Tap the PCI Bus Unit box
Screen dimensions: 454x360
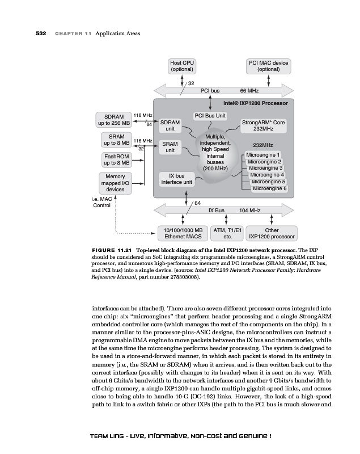point(210,116)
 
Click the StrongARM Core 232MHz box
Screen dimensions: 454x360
point(263,125)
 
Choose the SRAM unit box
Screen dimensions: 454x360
point(170,148)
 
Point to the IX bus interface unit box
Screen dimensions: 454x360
point(176,179)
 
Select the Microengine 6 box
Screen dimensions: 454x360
point(269,188)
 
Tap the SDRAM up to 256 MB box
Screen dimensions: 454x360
point(115,119)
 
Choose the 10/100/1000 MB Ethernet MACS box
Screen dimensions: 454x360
point(183,233)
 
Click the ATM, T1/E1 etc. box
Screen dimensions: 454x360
point(227,233)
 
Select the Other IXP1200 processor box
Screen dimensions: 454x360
point(272,233)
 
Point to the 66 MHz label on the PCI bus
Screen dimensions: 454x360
point(249,90)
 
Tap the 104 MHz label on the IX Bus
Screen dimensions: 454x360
point(249,210)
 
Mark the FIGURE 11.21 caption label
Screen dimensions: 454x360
point(112,250)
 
